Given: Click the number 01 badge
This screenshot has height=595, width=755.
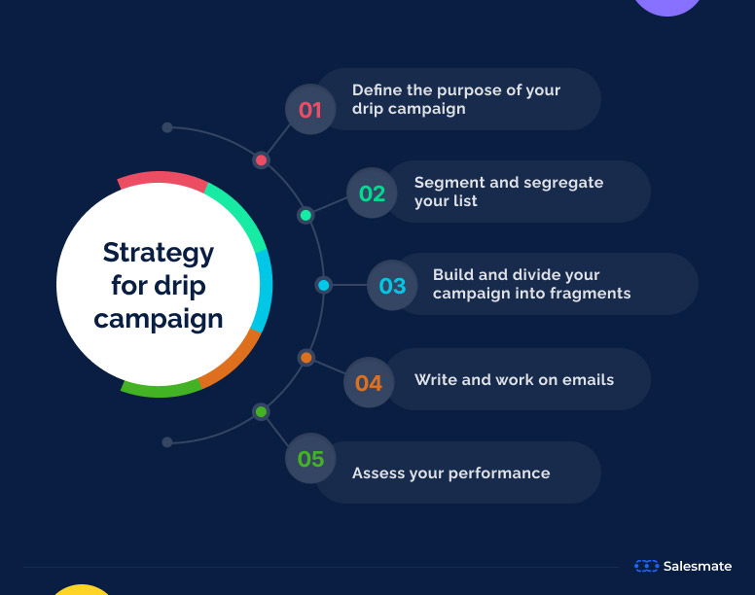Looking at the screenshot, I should point(309,109).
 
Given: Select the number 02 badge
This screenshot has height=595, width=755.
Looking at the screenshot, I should point(372,192).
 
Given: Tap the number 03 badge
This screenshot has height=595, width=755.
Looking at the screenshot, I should point(392,286).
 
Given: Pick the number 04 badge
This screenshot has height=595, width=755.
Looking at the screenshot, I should point(369,382).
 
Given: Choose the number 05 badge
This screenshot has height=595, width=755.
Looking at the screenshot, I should point(310,458).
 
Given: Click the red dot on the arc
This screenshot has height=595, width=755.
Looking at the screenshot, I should point(261,160).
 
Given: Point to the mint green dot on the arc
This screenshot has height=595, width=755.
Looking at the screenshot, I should point(306,215).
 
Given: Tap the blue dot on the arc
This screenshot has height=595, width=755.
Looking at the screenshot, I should point(324,285).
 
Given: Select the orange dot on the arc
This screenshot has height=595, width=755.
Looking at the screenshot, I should point(306,358).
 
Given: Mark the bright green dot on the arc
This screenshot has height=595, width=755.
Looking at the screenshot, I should point(261,412).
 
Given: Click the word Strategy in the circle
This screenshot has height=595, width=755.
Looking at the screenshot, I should point(159,253).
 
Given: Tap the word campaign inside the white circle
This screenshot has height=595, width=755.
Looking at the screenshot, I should point(159,318).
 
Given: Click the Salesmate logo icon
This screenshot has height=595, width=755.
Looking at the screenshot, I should point(646,566).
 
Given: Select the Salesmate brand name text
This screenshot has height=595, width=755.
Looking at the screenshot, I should point(698,566).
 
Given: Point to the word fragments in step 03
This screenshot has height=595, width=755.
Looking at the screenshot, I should point(591,294).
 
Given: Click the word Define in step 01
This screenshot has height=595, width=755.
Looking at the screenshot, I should point(377,89).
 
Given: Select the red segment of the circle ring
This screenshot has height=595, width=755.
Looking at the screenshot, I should point(161,178).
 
